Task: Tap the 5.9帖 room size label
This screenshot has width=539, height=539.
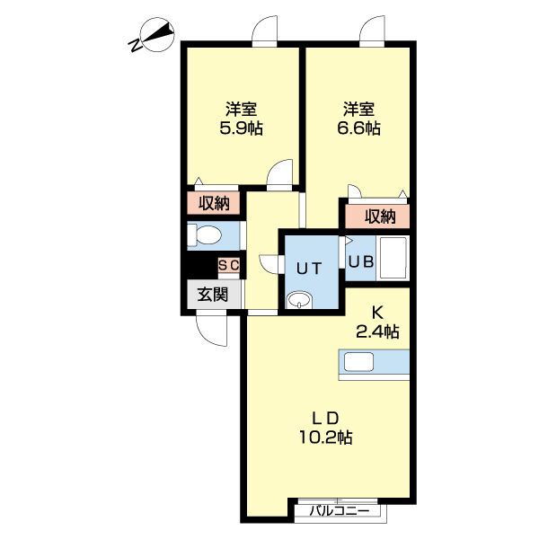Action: coord(242,128)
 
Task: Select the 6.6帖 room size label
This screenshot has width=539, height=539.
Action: coord(358,128)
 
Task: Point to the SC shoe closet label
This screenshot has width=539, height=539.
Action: coord(229,265)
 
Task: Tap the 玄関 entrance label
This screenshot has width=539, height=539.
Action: coord(213,295)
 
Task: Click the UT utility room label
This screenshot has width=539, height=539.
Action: coord(309,269)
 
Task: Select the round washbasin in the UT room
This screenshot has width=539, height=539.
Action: coord(299,300)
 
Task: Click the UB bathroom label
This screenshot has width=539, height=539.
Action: coord(361,262)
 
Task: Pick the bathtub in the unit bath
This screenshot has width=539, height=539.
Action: coord(393,258)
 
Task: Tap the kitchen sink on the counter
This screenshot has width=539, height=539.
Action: coord(358,362)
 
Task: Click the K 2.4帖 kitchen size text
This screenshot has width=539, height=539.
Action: coord(377,323)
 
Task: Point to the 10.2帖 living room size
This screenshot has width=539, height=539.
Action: coord(326,437)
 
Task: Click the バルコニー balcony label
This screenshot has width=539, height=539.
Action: coord(340,511)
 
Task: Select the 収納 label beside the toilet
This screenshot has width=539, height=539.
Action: coord(214,204)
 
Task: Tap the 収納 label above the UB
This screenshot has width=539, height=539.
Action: coord(380,216)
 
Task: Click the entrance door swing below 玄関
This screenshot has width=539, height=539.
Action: coord(211,331)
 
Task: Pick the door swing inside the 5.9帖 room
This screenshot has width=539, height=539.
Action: coord(279,175)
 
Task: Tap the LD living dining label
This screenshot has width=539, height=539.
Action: coord(325,419)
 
